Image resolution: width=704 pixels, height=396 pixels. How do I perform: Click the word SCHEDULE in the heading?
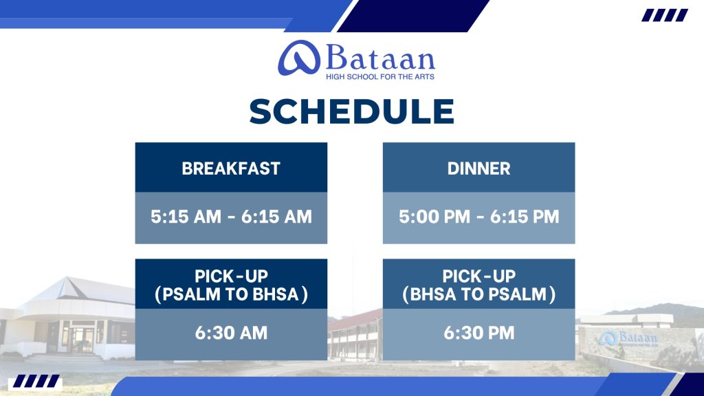point(351,111)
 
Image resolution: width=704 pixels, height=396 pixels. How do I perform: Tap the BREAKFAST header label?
point(231,168)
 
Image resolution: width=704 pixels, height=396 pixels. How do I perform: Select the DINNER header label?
point(478,168)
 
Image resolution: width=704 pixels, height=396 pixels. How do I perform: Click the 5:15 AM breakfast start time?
point(186,217)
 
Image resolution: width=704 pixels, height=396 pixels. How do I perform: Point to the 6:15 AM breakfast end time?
point(276,217)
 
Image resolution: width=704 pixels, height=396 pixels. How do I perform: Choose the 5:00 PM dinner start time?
point(434,217)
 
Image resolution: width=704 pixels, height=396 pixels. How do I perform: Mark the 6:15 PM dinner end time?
point(525,217)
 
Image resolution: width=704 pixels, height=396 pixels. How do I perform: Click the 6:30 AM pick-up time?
point(231,333)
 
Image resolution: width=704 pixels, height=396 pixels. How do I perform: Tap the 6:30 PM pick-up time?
point(478,333)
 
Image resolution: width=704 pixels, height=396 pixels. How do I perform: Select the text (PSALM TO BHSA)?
point(231,294)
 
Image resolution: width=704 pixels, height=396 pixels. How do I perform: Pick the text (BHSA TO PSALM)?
point(478,294)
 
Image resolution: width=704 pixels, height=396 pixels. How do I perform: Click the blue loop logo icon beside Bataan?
point(299,58)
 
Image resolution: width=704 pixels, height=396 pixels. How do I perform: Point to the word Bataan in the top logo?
point(380,58)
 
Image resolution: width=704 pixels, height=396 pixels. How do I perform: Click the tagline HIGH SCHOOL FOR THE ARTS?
point(379,77)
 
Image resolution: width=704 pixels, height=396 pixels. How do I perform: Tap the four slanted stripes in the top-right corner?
point(665,15)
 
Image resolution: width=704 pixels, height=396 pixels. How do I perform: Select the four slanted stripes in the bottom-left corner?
point(36,381)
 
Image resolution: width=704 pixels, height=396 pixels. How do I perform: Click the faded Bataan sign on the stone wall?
point(628,338)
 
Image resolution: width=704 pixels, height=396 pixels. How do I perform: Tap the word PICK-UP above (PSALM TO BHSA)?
point(231,276)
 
